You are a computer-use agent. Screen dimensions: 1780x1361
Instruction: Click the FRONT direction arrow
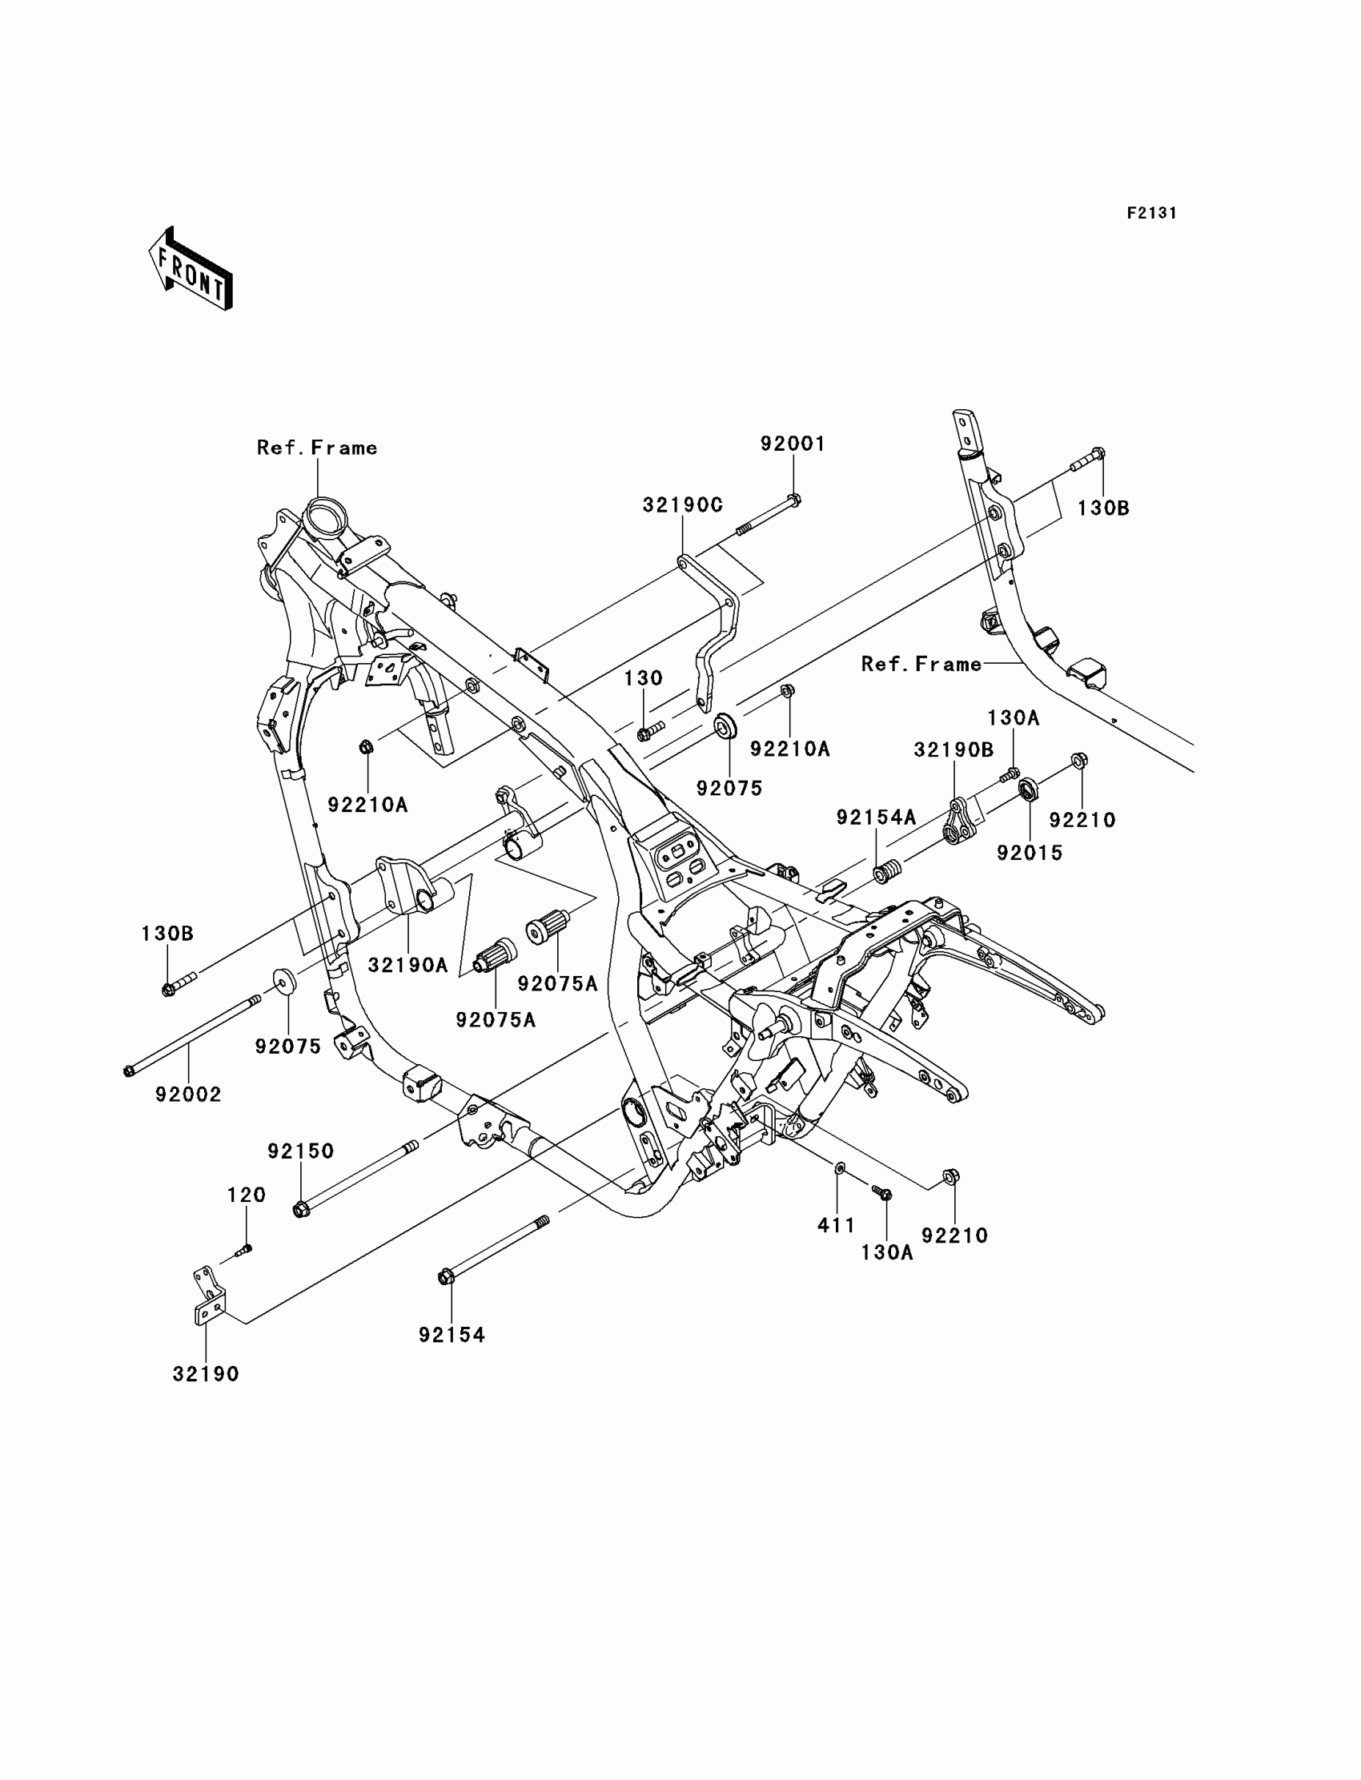pyautogui.click(x=191, y=271)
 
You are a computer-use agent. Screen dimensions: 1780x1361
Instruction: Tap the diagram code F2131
pyautogui.click(x=1151, y=213)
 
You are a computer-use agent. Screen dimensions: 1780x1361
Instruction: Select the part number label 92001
pyautogui.click(x=793, y=444)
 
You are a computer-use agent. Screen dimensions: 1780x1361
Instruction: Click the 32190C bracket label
pyautogui.click(x=682, y=505)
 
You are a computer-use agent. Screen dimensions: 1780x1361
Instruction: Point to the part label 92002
pyautogui.click(x=188, y=1095)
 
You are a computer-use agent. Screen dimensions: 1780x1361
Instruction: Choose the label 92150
pyautogui.click(x=300, y=1151)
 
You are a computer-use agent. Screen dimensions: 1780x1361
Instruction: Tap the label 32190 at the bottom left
pyautogui.click(x=206, y=1374)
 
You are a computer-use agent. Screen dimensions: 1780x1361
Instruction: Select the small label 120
pyautogui.click(x=247, y=1195)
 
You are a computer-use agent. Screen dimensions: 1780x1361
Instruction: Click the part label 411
pyautogui.click(x=836, y=1226)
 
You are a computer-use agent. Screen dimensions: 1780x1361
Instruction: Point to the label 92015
pyautogui.click(x=1029, y=853)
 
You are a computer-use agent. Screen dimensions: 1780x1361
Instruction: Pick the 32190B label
pyautogui.click(x=954, y=750)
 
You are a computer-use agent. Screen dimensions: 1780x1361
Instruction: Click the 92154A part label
pyautogui.click(x=876, y=818)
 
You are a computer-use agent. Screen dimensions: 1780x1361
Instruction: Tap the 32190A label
pyautogui.click(x=407, y=965)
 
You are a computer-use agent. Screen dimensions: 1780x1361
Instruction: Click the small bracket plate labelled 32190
pyautogui.click(x=208, y=1297)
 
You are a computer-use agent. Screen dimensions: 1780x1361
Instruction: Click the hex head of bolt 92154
pyautogui.click(x=445, y=1278)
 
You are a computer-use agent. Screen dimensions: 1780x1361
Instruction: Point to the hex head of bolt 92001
pyautogui.click(x=794, y=500)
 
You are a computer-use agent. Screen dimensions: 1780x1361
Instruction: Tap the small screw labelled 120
pyautogui.click(x=245, y=1248)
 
